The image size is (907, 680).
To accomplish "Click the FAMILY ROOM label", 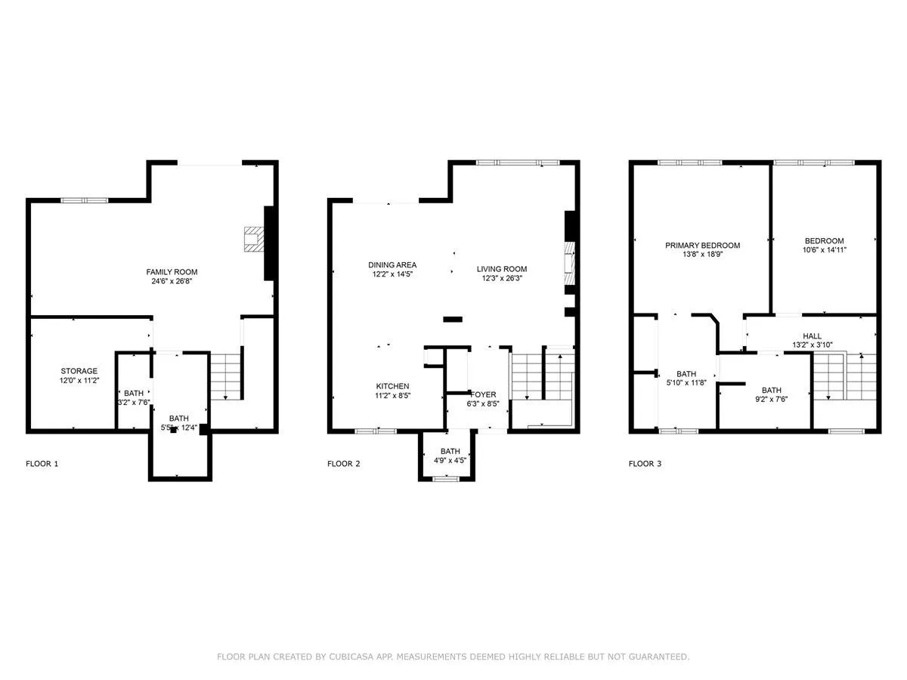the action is tap(172, 272).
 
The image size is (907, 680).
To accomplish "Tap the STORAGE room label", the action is tap(79, 371).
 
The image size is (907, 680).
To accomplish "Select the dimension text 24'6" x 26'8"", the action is tap(172, 281).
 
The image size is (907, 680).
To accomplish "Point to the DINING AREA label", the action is tap(392, 264).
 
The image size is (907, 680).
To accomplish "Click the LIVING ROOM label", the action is tap(502, 269).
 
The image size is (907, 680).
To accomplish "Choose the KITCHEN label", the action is tap(392, 386).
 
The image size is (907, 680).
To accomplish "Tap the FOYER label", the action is tap(483, 394).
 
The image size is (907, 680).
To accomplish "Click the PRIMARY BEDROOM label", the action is tap(702, 246).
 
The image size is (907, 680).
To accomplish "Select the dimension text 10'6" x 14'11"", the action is tap(825, 250).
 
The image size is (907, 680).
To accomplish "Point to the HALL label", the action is tap(812, 336).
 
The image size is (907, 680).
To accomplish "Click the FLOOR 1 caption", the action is tap(42, 464).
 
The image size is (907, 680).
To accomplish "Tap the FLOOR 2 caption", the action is tap(343, 464).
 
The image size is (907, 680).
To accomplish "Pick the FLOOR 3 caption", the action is tap(645, 464).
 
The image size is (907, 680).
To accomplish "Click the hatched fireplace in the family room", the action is tap(254, 239).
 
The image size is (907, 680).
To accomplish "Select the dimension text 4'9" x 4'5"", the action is tap(450, 460).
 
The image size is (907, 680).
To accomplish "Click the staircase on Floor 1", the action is tap(225, 376).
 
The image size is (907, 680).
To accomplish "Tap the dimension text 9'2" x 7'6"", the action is tap(772, 399).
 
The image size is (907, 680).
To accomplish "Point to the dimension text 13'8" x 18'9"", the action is tap(702, 255).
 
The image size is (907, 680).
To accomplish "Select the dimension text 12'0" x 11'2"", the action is tap(79, 380).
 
